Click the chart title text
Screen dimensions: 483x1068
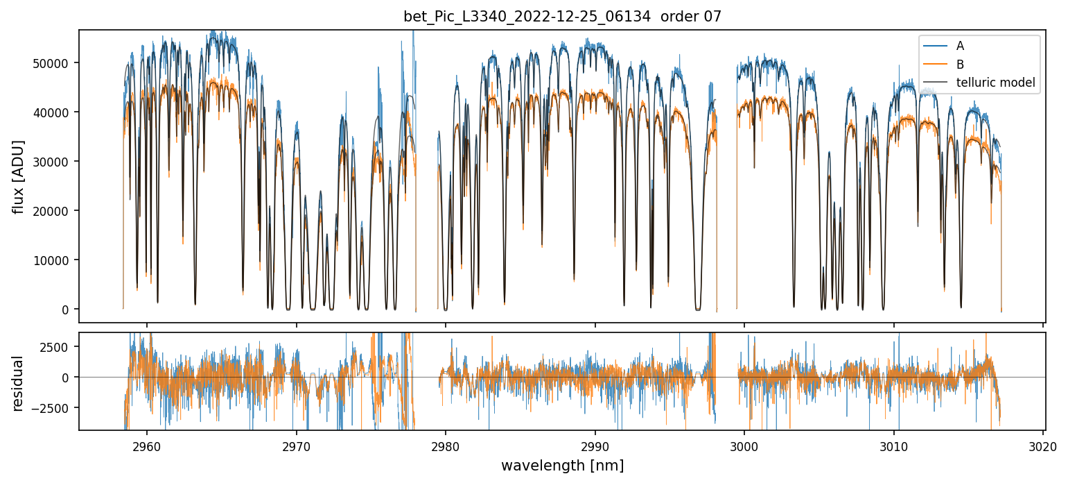(x=562, y=17)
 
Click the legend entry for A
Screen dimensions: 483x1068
(x=960, y=46)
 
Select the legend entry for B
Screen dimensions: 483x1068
(x=960, y=65)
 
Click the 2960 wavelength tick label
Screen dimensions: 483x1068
(x=146, y=445)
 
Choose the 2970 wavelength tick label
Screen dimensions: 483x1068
(x=296, y=445)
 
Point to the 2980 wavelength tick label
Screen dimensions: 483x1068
(x=445, y=445)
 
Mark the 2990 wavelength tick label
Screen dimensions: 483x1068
(x=595, y=445)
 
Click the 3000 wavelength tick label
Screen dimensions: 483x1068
(x=744, y=445)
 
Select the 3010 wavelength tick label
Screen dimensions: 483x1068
(x=893, y=445)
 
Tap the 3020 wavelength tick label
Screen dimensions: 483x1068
(x=1043, y=445)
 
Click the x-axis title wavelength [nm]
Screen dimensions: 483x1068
(x=562, y=465)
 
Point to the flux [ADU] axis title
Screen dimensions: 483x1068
(x=19, y=176)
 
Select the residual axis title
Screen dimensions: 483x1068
(x=19, y=383)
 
